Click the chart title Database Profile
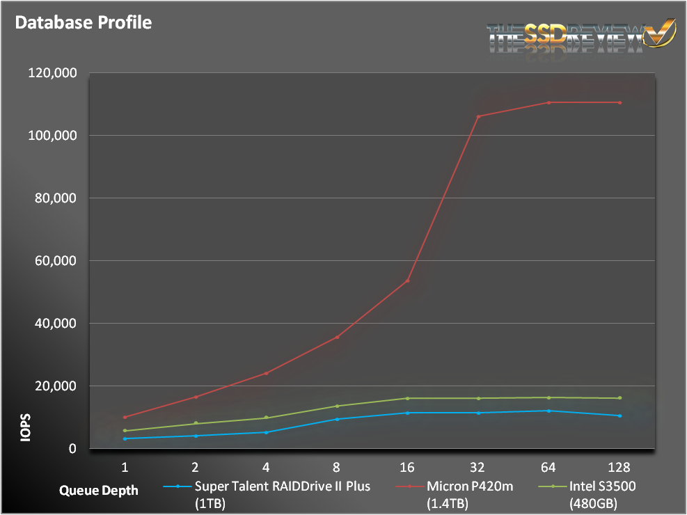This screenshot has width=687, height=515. (84, 22)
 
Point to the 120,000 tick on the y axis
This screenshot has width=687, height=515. (52, 72)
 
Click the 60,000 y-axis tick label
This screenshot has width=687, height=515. (55, 261)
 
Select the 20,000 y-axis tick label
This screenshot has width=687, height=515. (55, 386)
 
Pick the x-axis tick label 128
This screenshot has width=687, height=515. (619, 466)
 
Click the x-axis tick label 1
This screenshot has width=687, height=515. (125, 466)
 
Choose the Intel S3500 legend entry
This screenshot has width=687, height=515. (603, 486)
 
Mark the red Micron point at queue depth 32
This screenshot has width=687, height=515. (478, 116)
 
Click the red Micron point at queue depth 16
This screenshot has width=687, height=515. (408, 280)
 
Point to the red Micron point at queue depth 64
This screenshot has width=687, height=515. (548, 102)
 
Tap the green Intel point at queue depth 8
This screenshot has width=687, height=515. (337, 406)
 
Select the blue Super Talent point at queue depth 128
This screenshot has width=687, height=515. (619, 415)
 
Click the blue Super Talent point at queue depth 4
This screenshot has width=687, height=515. (267, 432)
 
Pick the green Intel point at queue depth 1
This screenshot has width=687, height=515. (125, 431)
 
